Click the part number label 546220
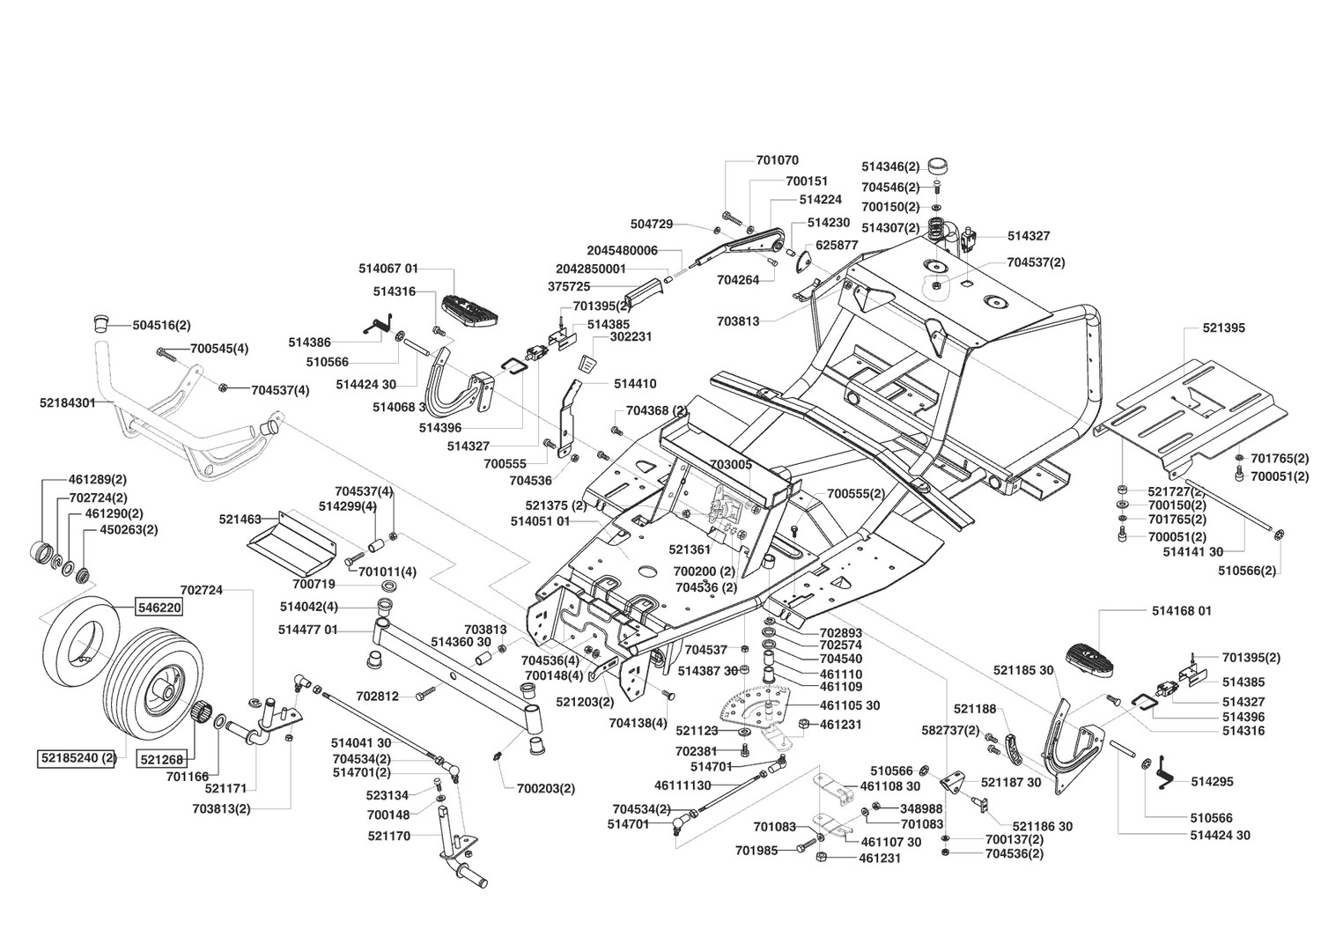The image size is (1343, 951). [159, 608]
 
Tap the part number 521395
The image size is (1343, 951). [1224, 328]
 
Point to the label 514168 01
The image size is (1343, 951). [1182, 611]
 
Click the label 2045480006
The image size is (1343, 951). [623, 250]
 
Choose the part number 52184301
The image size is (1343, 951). [68, 403]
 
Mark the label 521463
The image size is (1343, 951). [240, 520]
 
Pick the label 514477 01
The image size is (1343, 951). [307, 630]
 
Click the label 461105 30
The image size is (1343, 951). [850, 705]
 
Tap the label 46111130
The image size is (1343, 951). [683, 785]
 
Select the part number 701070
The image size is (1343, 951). [777, 160]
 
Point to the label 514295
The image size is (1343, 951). [1212, 782]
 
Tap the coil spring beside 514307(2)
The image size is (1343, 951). [937, 229]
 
